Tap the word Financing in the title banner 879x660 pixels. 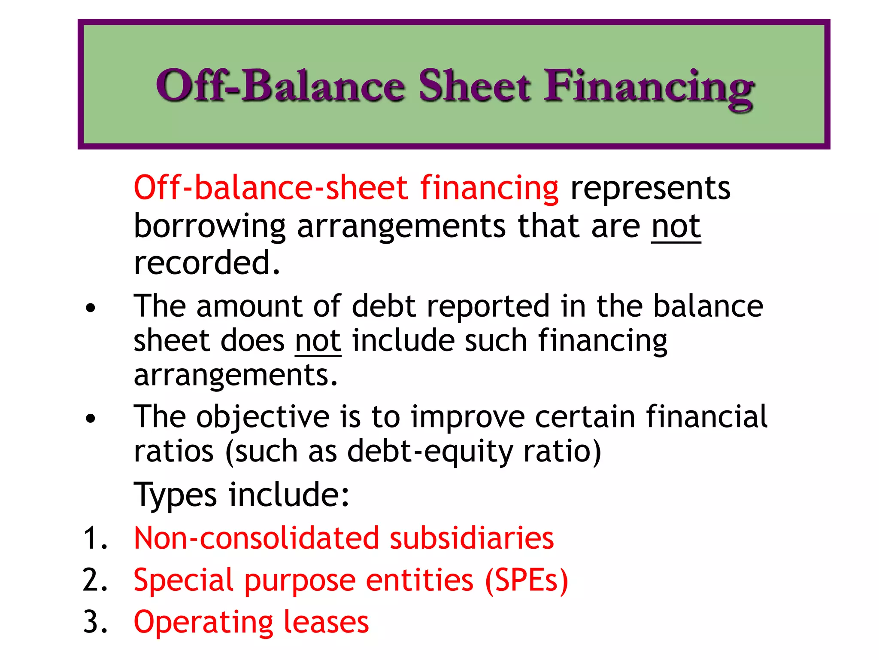pyautogui.click(x=648, y=88)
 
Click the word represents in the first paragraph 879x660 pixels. pyautogui.click(x=650, y=188)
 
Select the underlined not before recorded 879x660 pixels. pyautogui.click(x=676, y=226)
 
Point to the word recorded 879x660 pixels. pyautogui.click(x=207, y=263)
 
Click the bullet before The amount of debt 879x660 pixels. pyautogui.click(x=90, y=308)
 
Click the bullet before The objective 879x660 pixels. pyautogui.click(x=90, y=418)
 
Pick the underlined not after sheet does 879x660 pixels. pyautogui.click(x=318, y=341)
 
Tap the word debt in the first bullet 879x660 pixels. pyautogui.click(x=384, y=306)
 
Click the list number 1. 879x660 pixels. pyautogui.click(x=95, y=538)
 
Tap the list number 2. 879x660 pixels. pyautogui.click(x=95, y=580)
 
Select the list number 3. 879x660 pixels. pyautogui.click(x=95, y=622)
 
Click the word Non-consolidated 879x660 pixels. pyautogui.click(x=257, y=538)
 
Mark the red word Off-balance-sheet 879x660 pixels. pyautogui.click(x=270, y=188)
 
